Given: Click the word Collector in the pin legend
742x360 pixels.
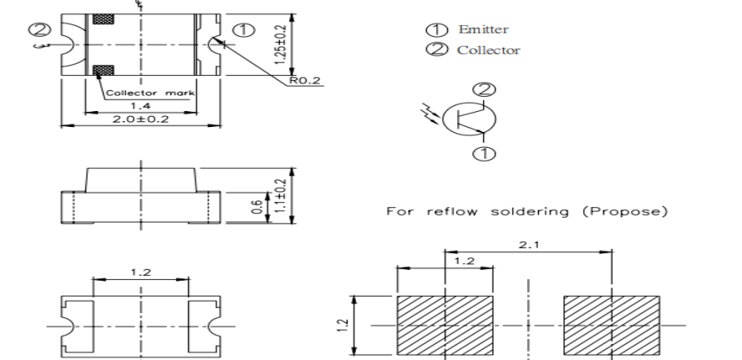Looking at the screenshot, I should point(488,50).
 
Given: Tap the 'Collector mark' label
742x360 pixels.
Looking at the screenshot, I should point(150,93).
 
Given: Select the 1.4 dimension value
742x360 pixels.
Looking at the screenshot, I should point(140,107).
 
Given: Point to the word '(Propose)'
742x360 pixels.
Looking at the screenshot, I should point(634,212).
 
